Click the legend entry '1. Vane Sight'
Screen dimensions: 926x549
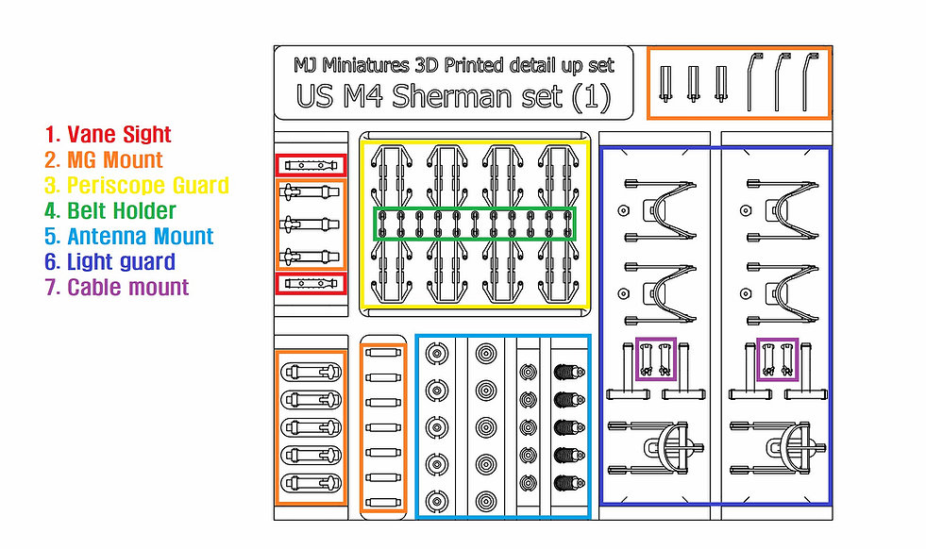pos(108,135)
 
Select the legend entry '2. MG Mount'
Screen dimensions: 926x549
pos(103,160)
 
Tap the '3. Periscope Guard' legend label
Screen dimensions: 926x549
pos(137,186)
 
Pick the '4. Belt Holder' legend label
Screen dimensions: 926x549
pos(109,210)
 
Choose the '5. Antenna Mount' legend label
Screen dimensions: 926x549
pos(128,236)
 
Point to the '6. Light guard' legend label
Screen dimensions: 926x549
pos(109,261)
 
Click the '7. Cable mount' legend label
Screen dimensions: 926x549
pos(116,288)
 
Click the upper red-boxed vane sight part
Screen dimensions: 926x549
pos(311,165)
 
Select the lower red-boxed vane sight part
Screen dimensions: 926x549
pos(311,283)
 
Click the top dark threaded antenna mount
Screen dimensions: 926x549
pos(569,372)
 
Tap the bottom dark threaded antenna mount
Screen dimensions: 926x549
pos(569,483)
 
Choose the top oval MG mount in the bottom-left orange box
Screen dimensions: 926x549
pos(311,372)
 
